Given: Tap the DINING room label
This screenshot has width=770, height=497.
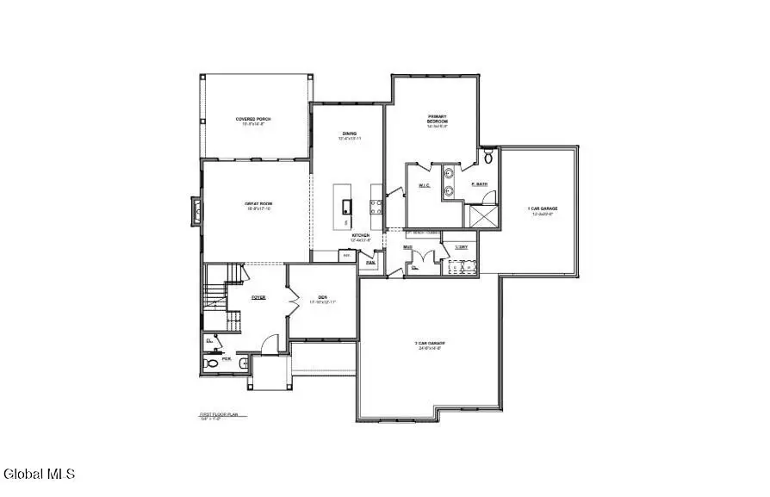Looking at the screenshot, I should click(x=349, y=134).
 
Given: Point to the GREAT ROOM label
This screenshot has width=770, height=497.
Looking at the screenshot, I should click(x=257, y=203).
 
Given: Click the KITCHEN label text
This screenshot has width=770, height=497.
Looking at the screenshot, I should click(x=360, y=235).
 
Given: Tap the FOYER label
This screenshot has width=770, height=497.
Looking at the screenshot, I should click(x=258, y=297).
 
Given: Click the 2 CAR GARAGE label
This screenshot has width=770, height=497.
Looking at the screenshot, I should click(x=428, y=345).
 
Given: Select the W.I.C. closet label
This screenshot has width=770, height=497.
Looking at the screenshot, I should click(x=425, y=185).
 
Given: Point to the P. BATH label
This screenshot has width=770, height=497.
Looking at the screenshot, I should click(x=480, y=185).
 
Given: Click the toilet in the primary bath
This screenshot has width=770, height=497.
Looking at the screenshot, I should click(x=489, y=158).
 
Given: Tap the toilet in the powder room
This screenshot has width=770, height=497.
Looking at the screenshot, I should click(x=212, y=365).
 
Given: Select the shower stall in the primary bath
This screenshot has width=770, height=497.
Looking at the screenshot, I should click(x=481, y=214).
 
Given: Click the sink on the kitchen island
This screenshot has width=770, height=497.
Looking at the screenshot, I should click(x=346, y=206).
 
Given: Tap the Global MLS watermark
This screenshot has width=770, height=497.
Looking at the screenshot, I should click(x=40, y=474).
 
